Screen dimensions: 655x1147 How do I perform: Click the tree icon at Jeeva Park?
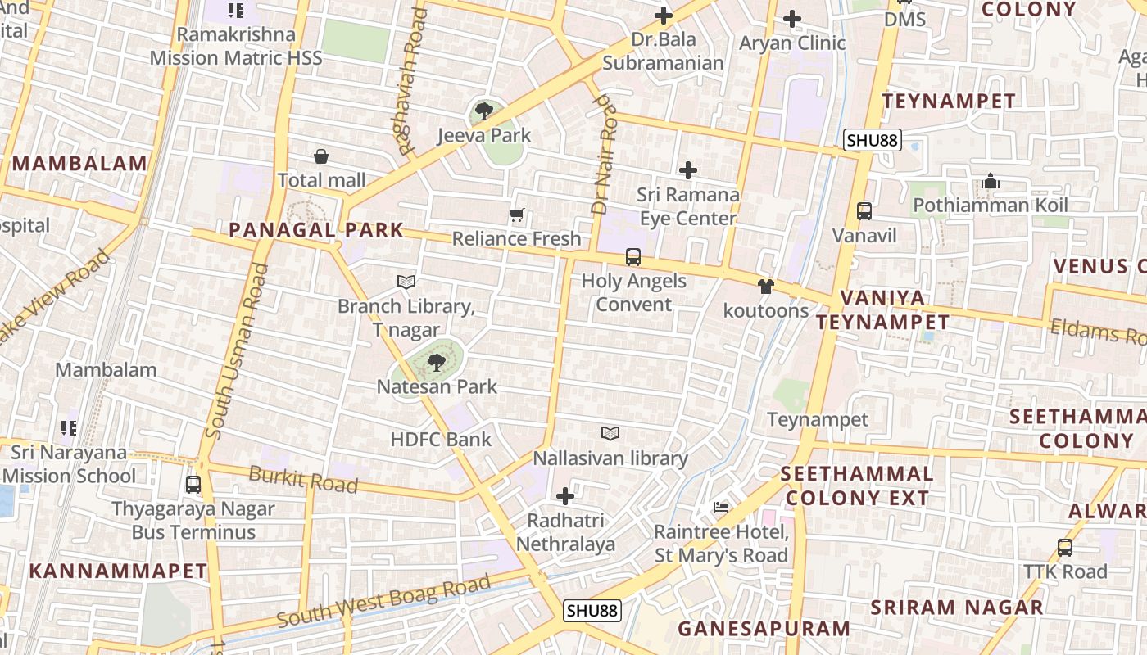click(483, 111)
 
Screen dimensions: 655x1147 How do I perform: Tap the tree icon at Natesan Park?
click(437, 361)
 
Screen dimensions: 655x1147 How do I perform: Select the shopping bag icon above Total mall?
click(321, 156)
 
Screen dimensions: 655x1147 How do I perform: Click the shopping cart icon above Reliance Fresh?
click(516, 215)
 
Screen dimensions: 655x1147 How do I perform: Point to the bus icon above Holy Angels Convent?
click(632, 257)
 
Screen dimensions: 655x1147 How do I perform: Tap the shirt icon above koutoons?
click(765, 287)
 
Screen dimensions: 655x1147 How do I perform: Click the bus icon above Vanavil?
click(864, 211)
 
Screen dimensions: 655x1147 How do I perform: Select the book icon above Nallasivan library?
click(610, 433)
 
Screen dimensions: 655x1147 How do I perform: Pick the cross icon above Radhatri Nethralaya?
click(564, 496)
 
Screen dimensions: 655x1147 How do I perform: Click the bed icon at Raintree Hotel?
click(721, 508)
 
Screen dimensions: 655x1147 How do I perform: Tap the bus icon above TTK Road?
click(1064, 547)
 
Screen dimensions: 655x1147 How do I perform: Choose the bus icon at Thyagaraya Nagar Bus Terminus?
click(193, 484)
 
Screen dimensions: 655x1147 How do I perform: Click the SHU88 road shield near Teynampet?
click(873, 140)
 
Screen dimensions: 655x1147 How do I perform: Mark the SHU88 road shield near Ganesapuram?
click(592, 611)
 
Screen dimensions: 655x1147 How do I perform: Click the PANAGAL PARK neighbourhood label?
click(316, 230)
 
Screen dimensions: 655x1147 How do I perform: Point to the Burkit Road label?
click(303, 479)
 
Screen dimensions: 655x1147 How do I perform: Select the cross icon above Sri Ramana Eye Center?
click(688, 170)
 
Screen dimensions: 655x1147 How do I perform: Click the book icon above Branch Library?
click(406, 282)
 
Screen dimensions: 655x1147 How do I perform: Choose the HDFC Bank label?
click(441, 439)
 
